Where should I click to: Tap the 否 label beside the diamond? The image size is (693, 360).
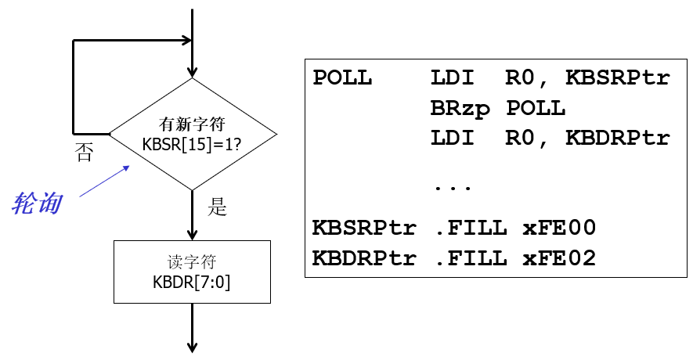click(84, 152)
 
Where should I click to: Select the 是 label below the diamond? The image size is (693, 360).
click(217, 207)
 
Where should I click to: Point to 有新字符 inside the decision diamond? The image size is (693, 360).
click(192, 124)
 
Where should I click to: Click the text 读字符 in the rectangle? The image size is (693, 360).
click(192, 263)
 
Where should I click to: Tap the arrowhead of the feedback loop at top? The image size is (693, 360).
click(186, 41)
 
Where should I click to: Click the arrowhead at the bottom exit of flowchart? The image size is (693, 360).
click(192, 347)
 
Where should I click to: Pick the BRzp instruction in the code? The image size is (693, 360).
click(460, 108)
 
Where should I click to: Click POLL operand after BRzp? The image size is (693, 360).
click(536, 108)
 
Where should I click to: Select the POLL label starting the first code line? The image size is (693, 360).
click(342, 78)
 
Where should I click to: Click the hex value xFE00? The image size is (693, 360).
click(559, 228)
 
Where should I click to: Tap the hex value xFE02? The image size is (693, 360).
click(559, 257)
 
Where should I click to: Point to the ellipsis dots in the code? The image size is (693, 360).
click(451, 188)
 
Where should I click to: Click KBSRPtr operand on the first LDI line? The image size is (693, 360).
click(619, 78)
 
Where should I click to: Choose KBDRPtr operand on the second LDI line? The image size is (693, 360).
click(619, 138)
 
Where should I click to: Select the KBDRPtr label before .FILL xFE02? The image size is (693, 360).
click(364, 257)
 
